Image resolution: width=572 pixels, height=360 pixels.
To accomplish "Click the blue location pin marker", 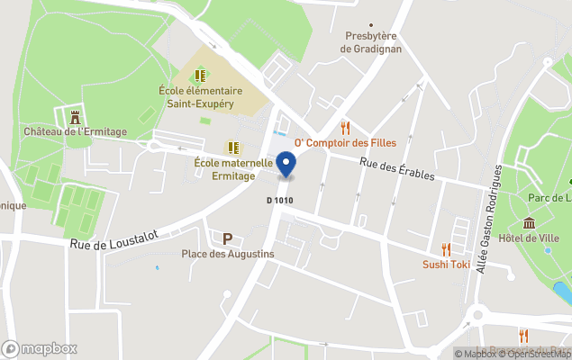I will pyautogui.click(x=286, y=165).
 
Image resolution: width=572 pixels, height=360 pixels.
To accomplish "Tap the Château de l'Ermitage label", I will pyautogui.click(x=75, y=131).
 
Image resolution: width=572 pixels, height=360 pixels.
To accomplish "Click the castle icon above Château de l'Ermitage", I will pyautogui.click(x=75, y=115).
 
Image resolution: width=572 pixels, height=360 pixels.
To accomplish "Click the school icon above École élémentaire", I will pyautogui.click(x=200, y=76).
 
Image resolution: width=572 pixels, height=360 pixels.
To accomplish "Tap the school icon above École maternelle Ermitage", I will pyautogui.click(x=233, y=148).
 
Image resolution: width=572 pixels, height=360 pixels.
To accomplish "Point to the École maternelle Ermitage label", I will pyautogui.click(x=233, y=169).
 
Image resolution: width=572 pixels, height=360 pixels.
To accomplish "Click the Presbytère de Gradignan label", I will pyautogui.click(x=371, y=42).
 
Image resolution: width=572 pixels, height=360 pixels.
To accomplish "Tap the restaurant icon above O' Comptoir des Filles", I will pyautogui.click(x=344, y=127).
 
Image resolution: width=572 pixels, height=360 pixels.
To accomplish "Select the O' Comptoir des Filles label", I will pyautogui.click(x=345, y=143).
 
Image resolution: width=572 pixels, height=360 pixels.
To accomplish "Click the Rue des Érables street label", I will pyautogui.click(x=397, y=168).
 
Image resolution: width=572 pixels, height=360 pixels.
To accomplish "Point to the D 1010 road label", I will pyautogui.click(x=281, y=200).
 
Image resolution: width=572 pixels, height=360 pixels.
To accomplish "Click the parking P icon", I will pyautogui.click(x=228, y=238).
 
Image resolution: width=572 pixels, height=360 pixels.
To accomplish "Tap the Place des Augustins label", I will pyautogui.click(x=228, y=255).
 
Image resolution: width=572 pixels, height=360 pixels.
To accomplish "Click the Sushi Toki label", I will pyautogui.click(x=447, y=264).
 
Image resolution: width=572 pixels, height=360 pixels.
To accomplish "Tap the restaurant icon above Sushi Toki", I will pyautogui.click(x=446, y=248).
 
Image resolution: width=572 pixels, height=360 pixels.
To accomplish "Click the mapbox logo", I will pyautogui.click(x=40, y=348).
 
